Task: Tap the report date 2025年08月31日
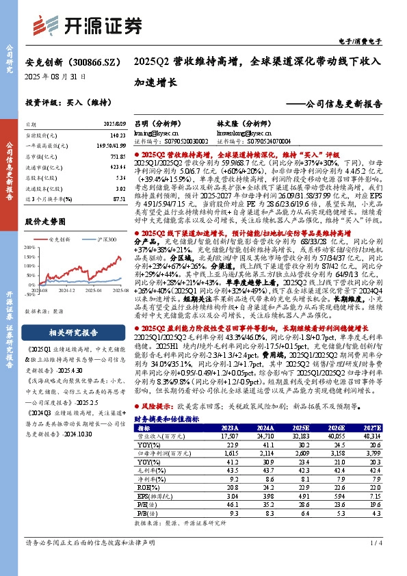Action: point(55,77)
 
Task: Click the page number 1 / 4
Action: point(375,562)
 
